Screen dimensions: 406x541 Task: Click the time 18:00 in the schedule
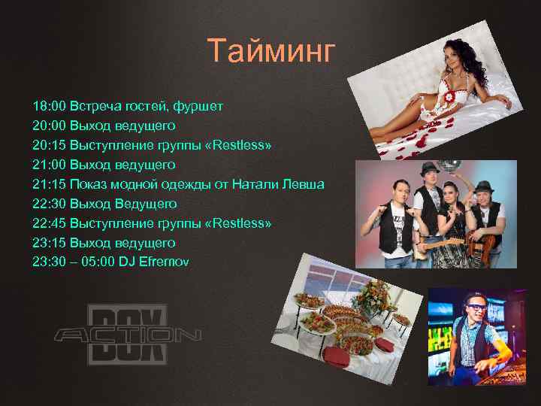tap(48, 106)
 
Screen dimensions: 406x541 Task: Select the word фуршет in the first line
tap(198, 106)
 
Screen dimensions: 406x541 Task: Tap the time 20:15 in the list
tap(48, 145)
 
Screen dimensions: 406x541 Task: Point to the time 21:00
tap(48, 165)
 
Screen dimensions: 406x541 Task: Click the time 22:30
tap(48, 204)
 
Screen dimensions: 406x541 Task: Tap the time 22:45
tap(48, 223)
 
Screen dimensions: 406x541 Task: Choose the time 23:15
tap(48, 243)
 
